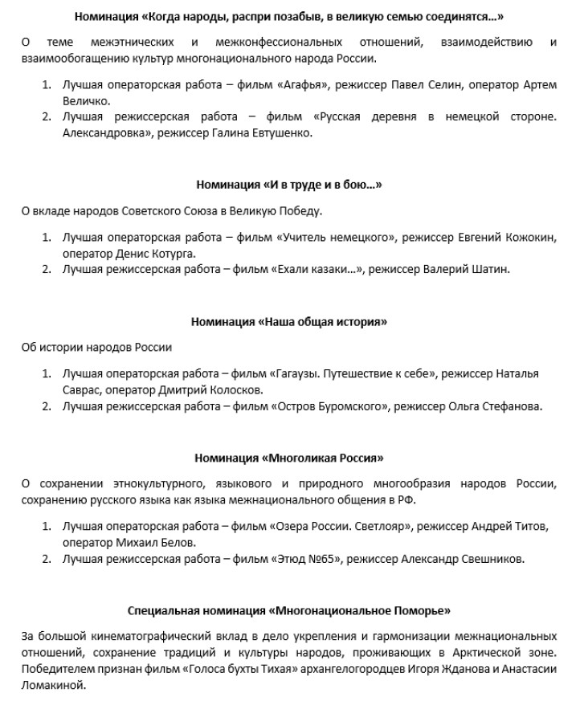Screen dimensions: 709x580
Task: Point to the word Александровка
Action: (x=99, y=133)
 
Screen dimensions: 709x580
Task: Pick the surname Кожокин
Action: (x=530, y=238)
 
